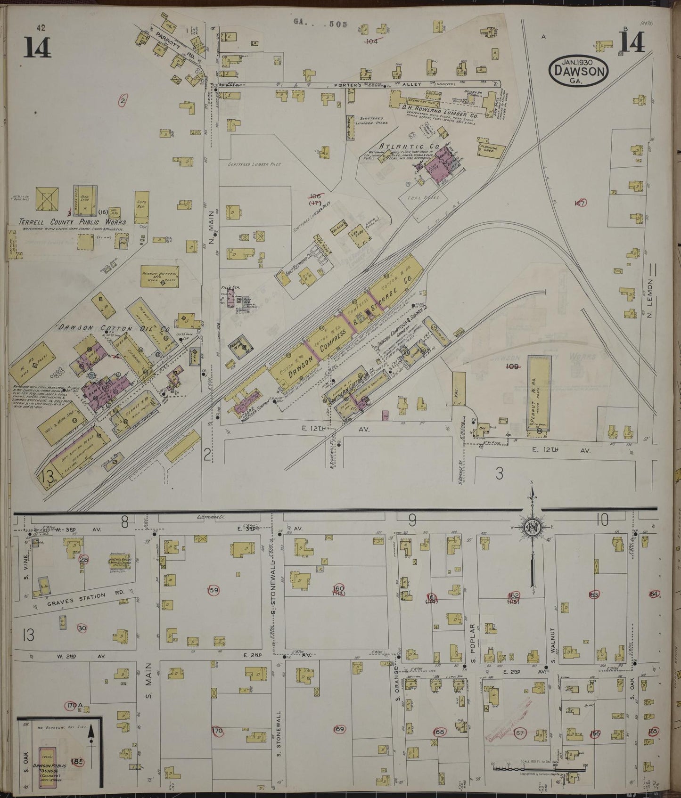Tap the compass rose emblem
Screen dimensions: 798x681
pos(532,526)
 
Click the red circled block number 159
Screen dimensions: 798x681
pos(213,590)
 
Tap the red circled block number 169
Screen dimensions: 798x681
pos(339,730)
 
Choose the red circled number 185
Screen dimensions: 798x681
pos(77,762)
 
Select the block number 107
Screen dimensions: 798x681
pos(580,203)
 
